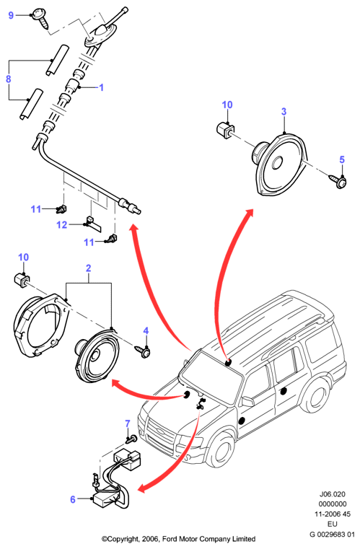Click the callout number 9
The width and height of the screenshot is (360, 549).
pos(11,15)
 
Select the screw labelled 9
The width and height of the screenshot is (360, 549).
pos(41,18)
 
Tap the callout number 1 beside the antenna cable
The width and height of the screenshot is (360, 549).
pos(101,87)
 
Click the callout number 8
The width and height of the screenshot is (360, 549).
pos(9,79)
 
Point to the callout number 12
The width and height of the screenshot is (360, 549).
pos(61,225)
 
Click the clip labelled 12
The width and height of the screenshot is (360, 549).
pos(92,224)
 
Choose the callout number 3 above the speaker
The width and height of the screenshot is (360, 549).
pos(284,112)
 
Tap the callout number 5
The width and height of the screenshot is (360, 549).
pos(342,159)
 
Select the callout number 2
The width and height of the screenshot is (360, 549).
pos(88,268)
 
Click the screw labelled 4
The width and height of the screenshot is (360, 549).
pos(144,351)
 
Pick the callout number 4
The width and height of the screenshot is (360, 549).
pos(146,331)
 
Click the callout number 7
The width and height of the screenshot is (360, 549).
pos(128,424)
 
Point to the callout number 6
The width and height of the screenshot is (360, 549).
pos(73,499)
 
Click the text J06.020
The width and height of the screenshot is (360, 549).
pos(332,494)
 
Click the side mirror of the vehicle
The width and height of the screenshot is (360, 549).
pos(247,401)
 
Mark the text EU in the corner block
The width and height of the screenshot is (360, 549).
pos(332,524)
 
